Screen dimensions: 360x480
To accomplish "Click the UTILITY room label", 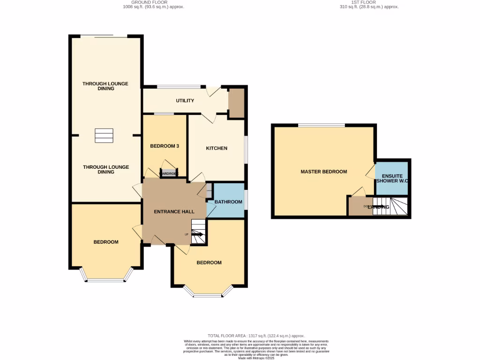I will click(185, 101).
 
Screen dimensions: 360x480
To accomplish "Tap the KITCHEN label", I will click(217, 148).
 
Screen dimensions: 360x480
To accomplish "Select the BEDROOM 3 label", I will click(165, 146).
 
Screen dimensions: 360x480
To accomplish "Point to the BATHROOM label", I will click(228, 202).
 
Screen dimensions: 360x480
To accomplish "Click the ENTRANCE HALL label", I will click(174, 211).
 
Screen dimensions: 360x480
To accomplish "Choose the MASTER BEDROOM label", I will click(323, 172).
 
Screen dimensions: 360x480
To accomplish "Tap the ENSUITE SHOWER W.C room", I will click(392, 178).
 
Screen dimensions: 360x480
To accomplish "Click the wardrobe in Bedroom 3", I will click(169, 173).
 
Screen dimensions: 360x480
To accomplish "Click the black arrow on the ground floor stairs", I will click(197, 234).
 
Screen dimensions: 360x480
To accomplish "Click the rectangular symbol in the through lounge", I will click(104, 135).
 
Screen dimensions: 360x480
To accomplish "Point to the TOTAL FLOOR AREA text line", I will click(256, 336).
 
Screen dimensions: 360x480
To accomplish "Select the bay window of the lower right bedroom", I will click(208, 295).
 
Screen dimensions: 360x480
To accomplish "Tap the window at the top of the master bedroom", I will click(322, 125).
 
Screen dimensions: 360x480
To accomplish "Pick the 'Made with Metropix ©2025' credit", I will click(256, 358).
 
